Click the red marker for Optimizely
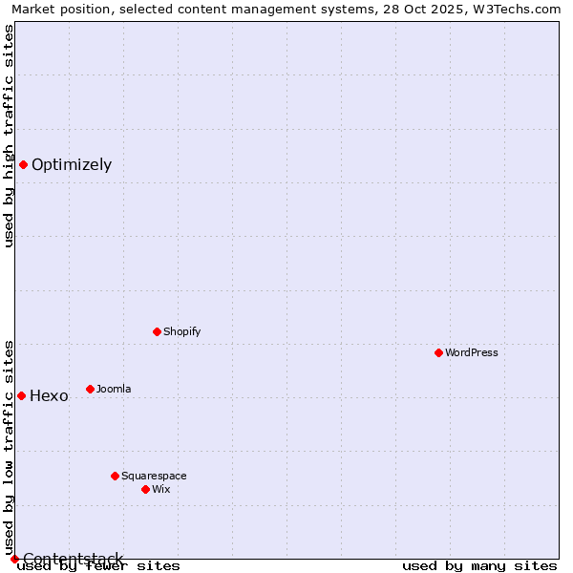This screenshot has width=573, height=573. point(23,164)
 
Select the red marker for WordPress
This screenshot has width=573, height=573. point(438,352)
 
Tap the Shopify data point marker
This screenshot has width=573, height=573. point(157,331)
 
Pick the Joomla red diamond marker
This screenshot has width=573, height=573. point(90,389)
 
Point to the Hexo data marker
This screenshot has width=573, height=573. point(21,395)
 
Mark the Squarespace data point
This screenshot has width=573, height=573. point(115,476)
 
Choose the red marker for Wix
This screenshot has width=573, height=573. point(145,489)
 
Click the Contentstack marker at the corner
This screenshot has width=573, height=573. point(14,559)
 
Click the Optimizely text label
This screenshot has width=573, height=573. point(72,164)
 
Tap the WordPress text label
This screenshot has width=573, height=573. point(472,352)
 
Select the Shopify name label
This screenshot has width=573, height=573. point(182,331)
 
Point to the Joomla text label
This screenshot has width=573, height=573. point(115,389)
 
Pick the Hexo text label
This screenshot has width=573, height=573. point(50,395)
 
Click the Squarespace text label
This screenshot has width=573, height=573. point(155,476)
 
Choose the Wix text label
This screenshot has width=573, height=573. point(161,489)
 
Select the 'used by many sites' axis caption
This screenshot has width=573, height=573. point(479,565)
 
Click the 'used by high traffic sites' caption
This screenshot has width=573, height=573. point(10,136)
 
